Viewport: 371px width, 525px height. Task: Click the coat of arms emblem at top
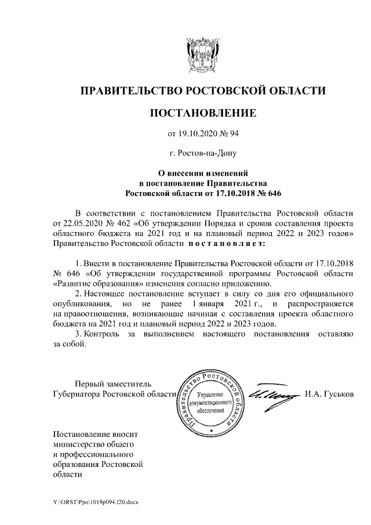pyautogui.click(x=202, y=53)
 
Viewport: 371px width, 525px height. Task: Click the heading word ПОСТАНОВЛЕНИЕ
pyautogui.click(x=202, y=113)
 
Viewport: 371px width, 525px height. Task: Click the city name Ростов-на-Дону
pyautogui.click(x=202, y=154)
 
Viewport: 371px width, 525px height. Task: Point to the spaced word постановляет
pyautogui.click(x=227, y=243)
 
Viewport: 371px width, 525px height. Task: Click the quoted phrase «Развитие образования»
pyautogui.click(x=101, y=284)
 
